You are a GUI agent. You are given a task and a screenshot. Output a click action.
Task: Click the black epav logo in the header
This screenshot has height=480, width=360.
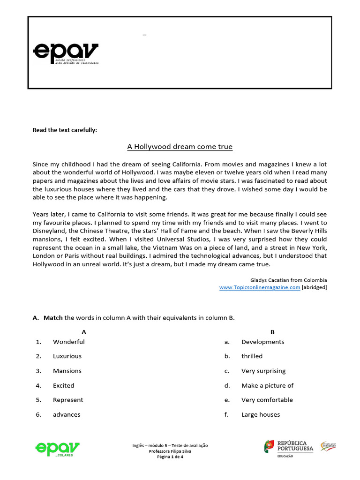pyautogui.click(x=66, y=52)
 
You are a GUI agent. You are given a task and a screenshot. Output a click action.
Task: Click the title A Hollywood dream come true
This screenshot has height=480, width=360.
pyautogui.click(x=180, y=147)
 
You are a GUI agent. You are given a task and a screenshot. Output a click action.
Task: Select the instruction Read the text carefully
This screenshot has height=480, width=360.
pyautogui.click(x=65, y=130)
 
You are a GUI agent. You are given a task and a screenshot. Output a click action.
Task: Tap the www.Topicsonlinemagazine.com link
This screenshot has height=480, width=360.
pyautogui.click(x=260, y=287)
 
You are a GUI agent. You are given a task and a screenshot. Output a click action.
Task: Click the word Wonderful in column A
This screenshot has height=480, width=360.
pyautogui.click(x=68, y=342)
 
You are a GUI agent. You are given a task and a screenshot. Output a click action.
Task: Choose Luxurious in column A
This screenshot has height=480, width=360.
pyautogui.click(x=67, y=356)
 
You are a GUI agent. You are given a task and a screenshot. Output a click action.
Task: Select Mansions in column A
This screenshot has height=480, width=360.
pyautogui.click(x=67, y=371)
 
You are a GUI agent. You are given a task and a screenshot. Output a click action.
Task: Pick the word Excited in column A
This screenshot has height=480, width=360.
pyautogui.click(x=63, y=385)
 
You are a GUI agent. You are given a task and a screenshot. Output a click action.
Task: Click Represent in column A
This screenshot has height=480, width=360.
pyautogui.click(x=68, y=400)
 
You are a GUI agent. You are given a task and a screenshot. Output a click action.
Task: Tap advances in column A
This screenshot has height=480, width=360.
pyautogui.click(x=67, y=414)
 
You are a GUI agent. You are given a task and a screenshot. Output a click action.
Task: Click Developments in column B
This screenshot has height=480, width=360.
pyautogui.click(x=262, y=342)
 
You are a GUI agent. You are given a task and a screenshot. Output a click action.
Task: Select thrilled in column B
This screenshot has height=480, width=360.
pyautogui.click(x=252, y=356)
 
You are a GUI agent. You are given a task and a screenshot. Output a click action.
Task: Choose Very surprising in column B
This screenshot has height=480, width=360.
pyautogui.click(x=263, y=371)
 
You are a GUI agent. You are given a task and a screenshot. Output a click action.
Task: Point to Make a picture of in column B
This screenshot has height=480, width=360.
pyautogui.click(x=267, y=385)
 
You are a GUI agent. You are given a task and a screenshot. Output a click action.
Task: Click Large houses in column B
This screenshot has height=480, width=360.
pyautogui.click(x=261, y=414)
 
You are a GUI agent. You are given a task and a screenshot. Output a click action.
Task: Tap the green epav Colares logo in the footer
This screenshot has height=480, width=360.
pyautogui.click(x=57, y=449)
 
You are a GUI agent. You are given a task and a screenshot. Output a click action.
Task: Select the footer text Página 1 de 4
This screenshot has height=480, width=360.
pyautogui.click(x=170, y=457)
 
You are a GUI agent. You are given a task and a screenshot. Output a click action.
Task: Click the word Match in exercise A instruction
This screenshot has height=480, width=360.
pyautogui.click(x=53, y=318)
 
